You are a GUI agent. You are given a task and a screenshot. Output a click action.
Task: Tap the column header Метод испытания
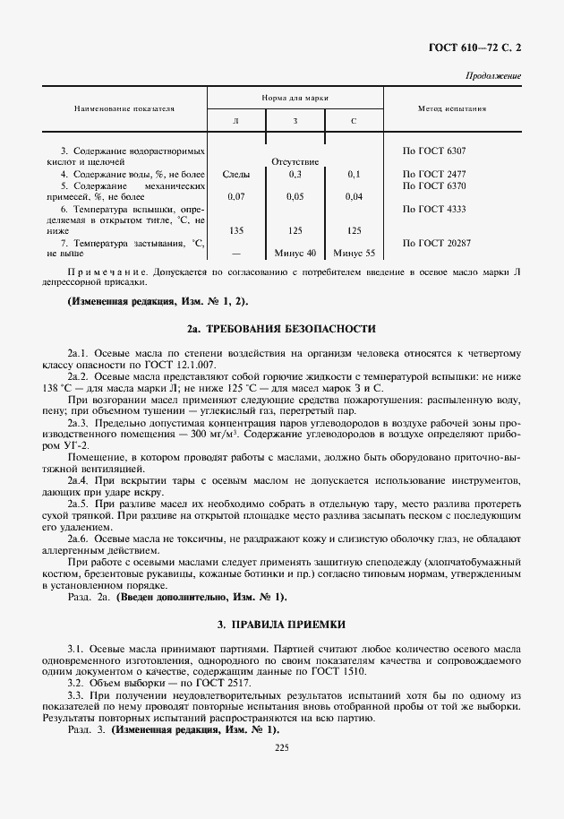click(452, 108)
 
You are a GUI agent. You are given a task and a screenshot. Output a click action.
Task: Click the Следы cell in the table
click(236, 173)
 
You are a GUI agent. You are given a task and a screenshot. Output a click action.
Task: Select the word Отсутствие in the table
click(295, 161)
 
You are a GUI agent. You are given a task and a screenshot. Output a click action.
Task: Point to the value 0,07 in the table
click(236, 195)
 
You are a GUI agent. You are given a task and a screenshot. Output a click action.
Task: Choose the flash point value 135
click(236, 230)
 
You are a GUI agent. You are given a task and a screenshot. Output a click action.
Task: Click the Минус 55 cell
click(354, 253)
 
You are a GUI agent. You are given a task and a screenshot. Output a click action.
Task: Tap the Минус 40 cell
click(295, 253)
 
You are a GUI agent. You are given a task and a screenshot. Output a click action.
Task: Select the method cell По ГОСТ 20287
click(438, 242)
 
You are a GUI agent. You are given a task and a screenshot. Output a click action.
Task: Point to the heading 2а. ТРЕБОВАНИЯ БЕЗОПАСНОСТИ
click(282, 329)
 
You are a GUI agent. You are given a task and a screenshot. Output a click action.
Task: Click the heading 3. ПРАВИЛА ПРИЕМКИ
click(282, 623)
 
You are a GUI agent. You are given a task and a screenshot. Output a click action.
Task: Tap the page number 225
click(282, 746)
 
